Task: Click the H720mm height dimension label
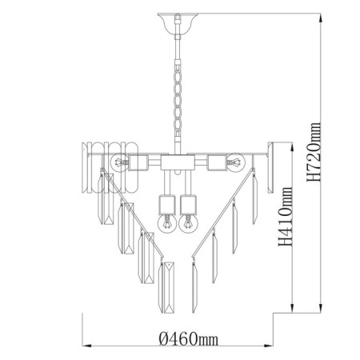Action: coord(314,152)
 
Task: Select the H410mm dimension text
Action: coord(286,217)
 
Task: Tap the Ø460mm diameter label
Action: coord(189,339)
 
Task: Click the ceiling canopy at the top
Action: coord(178,23)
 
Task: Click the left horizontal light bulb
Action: coord(119,162)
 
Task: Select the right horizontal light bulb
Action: coord(236,162)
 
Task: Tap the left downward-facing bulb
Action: coord(166,223)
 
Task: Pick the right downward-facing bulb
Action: coord(188,223)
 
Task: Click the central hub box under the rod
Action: coord(178,162)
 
